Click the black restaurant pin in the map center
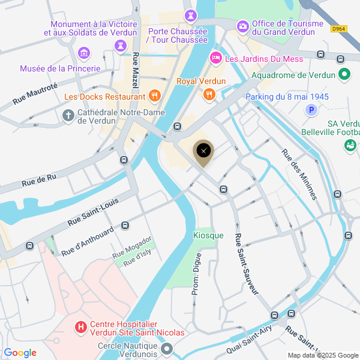pos(203,151)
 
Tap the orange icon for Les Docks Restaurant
pos(154,95)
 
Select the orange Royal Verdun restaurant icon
pos(209,94)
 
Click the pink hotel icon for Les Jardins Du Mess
pos(215,58)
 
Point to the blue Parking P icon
pos(311,110)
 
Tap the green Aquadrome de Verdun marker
pos(344,75)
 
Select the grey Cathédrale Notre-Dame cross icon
pos(68,114)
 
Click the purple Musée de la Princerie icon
pos(84,53)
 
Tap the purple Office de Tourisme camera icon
pos(242,26)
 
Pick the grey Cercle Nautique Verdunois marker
pos(167,349)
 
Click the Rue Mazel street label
pos(135,68)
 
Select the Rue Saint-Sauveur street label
pos(247,264)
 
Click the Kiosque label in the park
pos(208,235)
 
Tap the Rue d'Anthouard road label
pos(88,239)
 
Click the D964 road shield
pos(339,28)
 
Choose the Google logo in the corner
pos(20,353)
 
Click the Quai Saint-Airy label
pos(250,340)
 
